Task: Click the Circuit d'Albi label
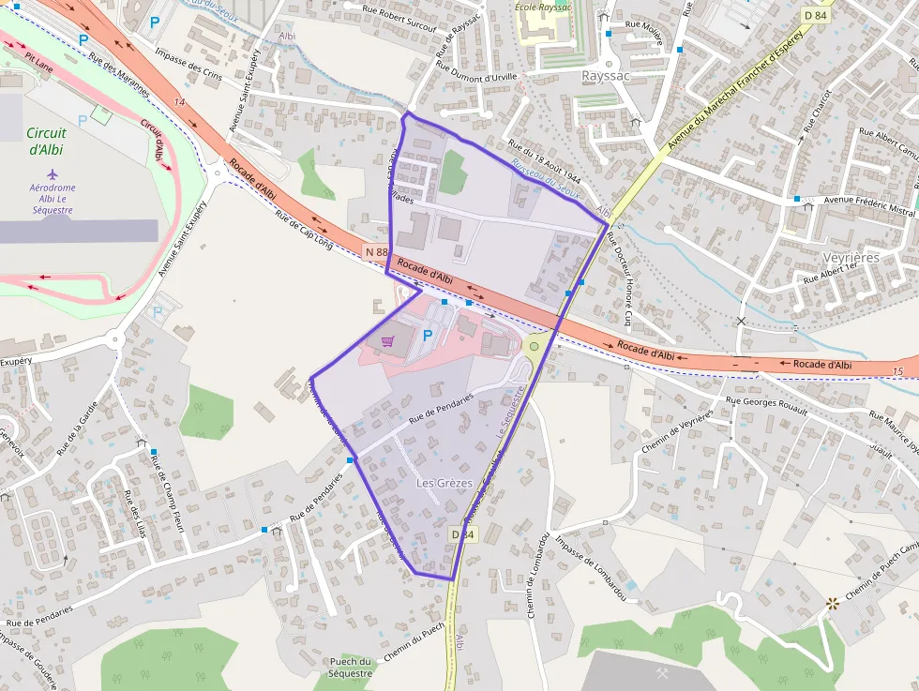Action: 47,141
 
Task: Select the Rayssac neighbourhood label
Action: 605,75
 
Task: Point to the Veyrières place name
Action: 851,257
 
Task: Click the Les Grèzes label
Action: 444,482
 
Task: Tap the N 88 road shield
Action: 376,252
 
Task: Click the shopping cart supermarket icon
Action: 387,341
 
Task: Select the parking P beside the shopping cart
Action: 428,335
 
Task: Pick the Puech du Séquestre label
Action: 351,668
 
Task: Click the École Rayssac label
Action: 544,8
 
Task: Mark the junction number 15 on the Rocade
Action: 897,372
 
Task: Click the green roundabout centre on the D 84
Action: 534,346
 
